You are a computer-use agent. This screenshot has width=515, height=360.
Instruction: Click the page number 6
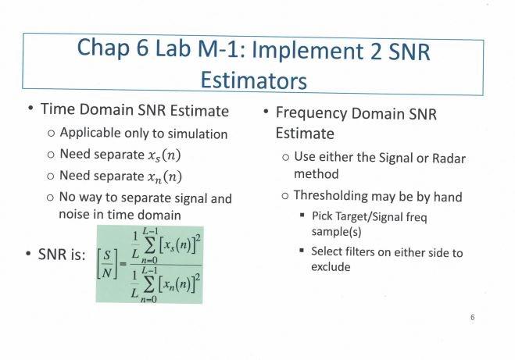473,318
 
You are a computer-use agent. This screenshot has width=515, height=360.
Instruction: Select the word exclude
331,267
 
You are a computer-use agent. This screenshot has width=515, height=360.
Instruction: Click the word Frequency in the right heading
314,114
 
